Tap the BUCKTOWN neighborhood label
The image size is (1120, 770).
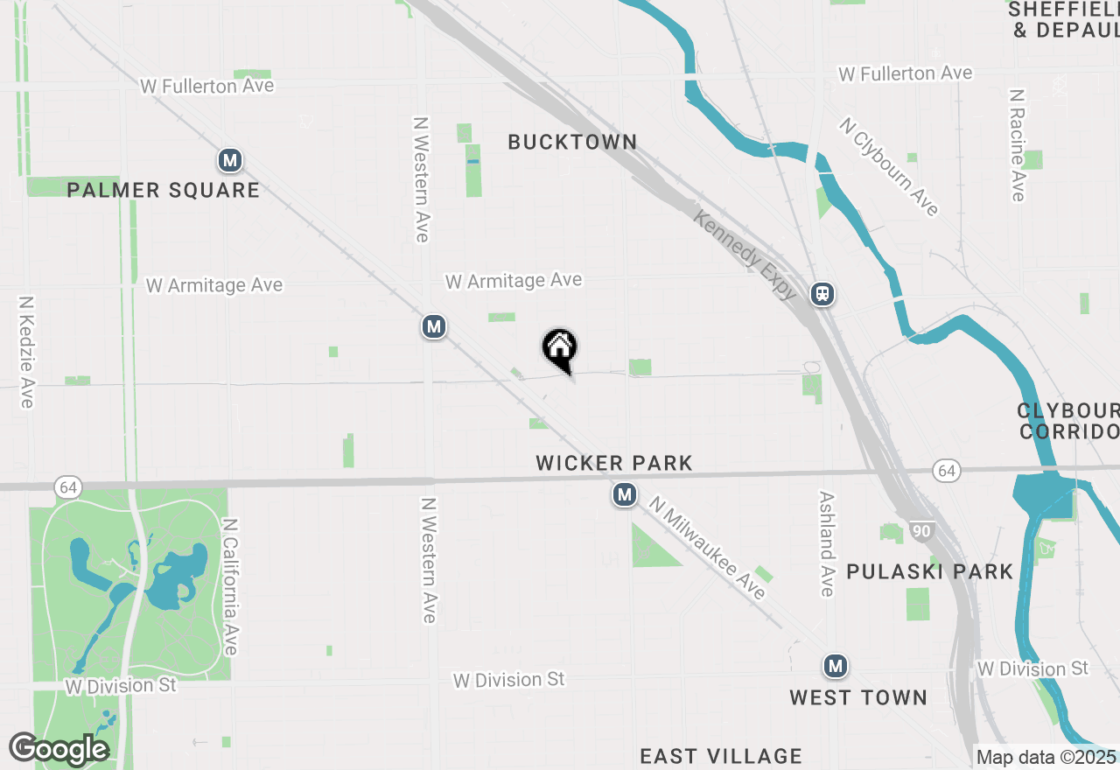[572, 142]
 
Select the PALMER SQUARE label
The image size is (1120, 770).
[164, 190]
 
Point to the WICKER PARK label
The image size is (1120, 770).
[614, 463]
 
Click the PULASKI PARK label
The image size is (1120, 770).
[929, 572]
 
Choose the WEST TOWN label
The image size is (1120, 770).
[857, 697]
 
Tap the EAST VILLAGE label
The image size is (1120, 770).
[721, 756]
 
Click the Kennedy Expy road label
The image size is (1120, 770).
[745, 255]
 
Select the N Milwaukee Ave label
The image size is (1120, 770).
[708, 548]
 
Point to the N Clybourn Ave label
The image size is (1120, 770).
[889, 166]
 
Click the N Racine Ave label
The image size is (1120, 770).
[1017, 144]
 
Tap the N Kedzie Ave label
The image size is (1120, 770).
[25, 351]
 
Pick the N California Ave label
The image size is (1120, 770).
[230, 587]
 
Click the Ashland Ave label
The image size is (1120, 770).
[826, 542]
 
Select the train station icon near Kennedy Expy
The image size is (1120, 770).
[822, 294]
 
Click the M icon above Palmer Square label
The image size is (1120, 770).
[229, 161]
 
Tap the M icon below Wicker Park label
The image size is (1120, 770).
[624, 495]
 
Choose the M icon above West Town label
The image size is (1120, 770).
[836, 667]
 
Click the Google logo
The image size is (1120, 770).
[58, 749]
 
